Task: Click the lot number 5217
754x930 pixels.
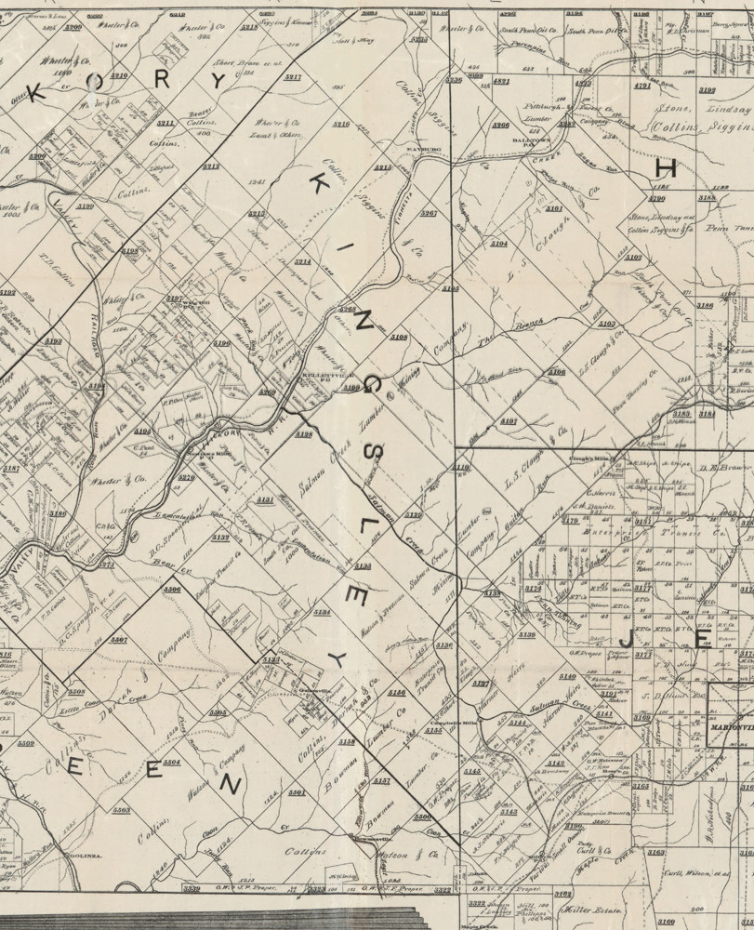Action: click(293, 76)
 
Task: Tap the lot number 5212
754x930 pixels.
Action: click(211, 166)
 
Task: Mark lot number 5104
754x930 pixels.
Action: click(499, 244)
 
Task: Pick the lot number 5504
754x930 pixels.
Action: click(171, 762)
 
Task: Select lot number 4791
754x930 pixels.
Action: click(642, 86)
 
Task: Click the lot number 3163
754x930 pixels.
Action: click(656, 852)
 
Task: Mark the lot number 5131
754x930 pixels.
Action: click(265, 499)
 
